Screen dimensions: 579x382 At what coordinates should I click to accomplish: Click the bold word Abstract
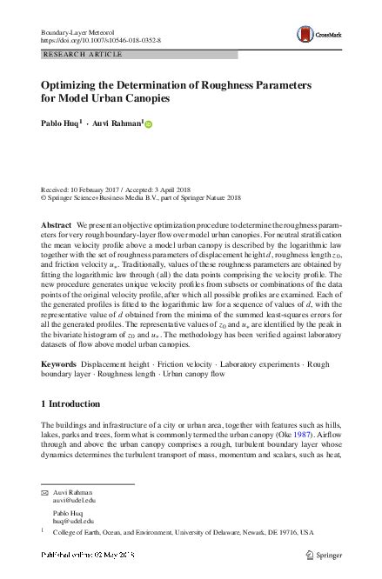57,224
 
